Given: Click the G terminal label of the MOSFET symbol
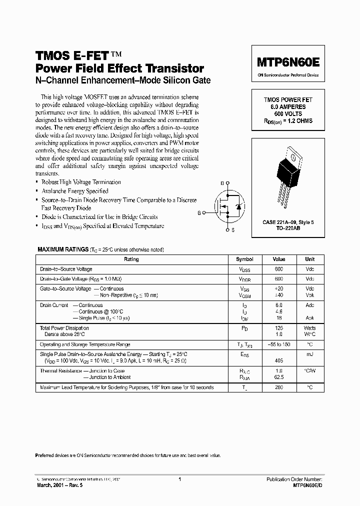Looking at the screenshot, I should [x=199, y=213].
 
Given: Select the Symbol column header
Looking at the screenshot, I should [x=244, y=259].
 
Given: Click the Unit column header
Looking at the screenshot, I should [x=310, y=259].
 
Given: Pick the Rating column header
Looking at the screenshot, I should [x=131, y=259].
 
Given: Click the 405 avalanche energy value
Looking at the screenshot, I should [x=279, y=359].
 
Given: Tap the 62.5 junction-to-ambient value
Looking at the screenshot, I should [x=279, y=377].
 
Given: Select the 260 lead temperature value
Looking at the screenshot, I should [x=279, y=387].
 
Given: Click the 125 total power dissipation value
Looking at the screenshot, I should [x=279, y=327].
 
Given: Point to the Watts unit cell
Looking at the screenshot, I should [x=310, y=327].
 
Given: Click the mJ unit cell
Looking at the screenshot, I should [x=310, y=353].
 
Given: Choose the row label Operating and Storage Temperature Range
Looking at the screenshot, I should [x=85, y=344].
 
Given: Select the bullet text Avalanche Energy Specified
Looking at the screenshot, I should [x=75, y=191].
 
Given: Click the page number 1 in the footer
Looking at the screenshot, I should [x=179, y=479].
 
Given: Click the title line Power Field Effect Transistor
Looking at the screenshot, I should [x=119, y=68].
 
